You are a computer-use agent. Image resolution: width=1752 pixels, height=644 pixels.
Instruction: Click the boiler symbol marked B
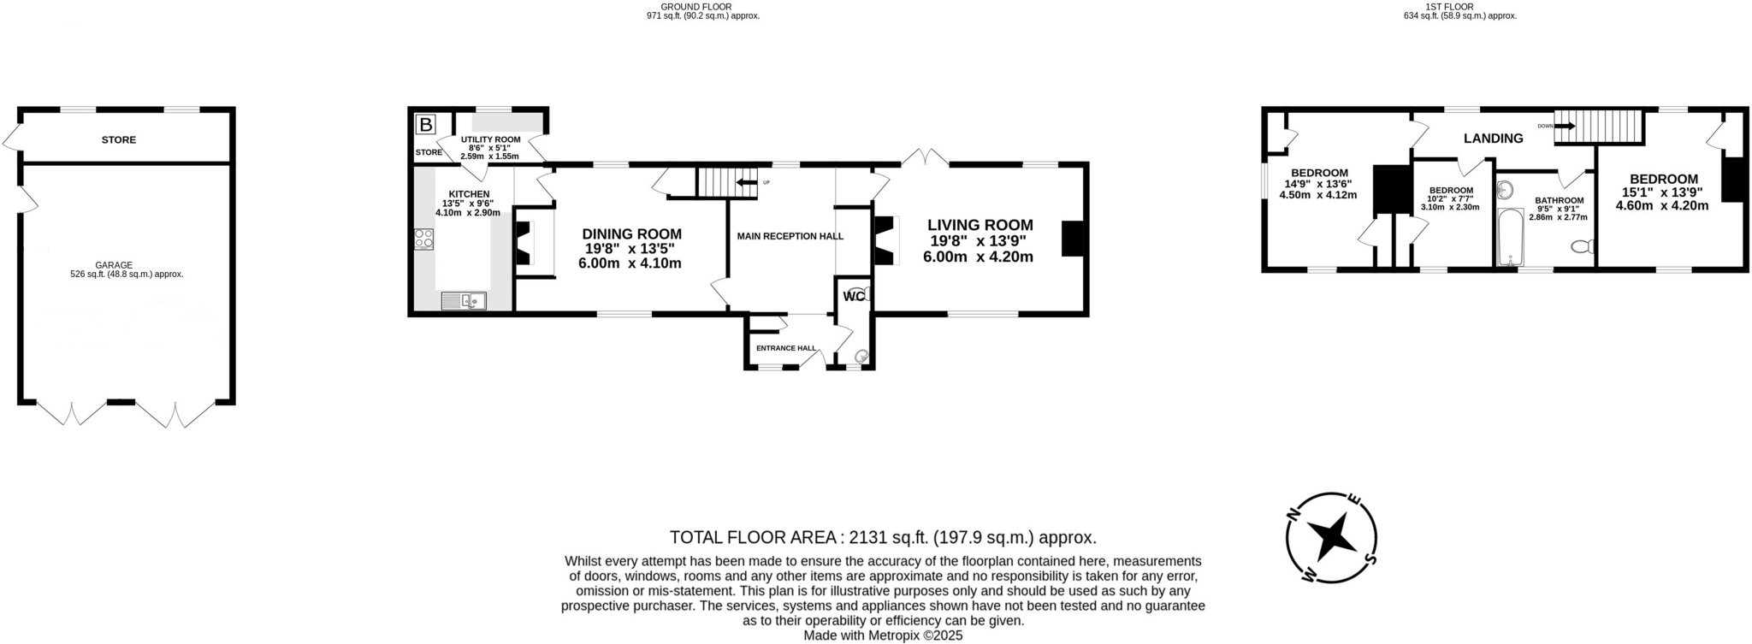click(425, 125)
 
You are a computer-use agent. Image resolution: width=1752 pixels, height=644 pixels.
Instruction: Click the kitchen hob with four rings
click(423, 239)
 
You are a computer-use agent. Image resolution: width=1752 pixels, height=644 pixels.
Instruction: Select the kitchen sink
click(463, 300)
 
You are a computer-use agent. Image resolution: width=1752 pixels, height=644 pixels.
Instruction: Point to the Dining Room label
click(632, 233)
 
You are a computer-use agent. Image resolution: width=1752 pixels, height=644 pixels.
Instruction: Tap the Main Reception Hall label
click(790, 236)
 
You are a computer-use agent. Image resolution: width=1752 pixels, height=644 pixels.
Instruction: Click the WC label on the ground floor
click(853, 297)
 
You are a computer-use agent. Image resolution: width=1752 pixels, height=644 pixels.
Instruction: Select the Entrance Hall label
click(786, 348)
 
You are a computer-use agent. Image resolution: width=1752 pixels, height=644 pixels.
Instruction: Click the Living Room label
click(980, 225)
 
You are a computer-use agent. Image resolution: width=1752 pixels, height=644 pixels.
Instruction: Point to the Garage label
click(126, 265)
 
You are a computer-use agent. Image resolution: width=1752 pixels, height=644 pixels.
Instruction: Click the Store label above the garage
click(119, 139)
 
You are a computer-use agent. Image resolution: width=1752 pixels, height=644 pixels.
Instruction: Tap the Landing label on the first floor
click(1493, 138)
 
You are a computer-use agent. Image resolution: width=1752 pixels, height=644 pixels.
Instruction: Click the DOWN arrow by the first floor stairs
click(1565, 126)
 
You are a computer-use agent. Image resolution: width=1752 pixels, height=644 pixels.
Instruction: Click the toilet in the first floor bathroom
click(1583, 247)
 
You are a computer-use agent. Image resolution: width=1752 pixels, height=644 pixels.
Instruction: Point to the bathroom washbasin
click(1505, 189)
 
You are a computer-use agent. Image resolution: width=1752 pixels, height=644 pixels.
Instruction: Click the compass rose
click(1331, 538)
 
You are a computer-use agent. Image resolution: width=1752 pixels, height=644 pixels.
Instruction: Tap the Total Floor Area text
click(883, 537)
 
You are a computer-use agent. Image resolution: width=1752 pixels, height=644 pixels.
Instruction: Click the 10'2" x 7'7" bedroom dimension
click(1450, 198)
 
